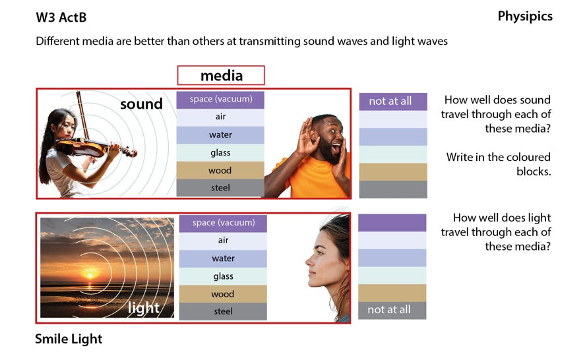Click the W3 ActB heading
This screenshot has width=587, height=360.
click(61, 17)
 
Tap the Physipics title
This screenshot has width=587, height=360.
click(525, 16)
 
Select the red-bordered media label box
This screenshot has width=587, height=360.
click(221, 76)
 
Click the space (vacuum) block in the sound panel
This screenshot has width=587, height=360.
click(220, 100)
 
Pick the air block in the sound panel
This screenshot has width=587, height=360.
click(220, 117)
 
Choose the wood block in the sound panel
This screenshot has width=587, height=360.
click(220, 170)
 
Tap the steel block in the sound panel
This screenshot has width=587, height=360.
click(220, 188)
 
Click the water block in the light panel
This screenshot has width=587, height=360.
click(223, 258)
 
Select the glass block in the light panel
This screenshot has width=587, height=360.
click(223, 276)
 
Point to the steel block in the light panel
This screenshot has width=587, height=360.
click(223, 311)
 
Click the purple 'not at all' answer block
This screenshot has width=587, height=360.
click(393, 102)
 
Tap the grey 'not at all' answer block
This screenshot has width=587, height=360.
click(392, 311)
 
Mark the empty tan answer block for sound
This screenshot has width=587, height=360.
click(393, 172)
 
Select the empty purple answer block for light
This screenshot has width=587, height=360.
click(392, 223)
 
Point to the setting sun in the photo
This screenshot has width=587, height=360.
click(90, 276)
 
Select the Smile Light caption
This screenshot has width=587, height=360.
click(69, 339)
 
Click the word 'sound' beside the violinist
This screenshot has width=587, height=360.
click(142, 104)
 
